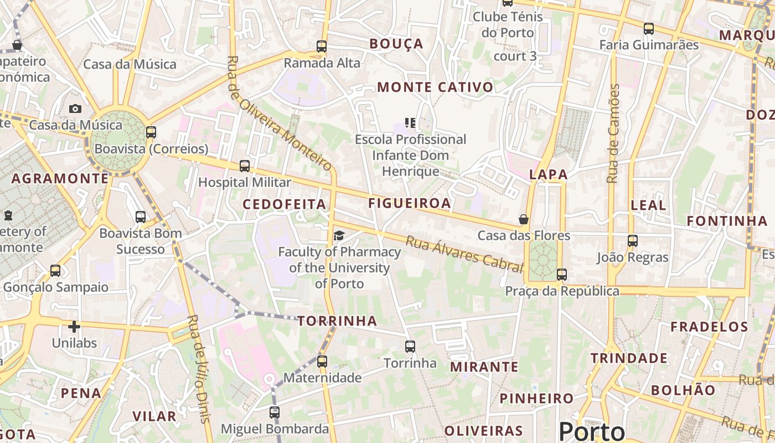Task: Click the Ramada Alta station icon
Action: [322, 47]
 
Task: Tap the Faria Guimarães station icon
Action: [649, 28]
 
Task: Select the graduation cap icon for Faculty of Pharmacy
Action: [338, 236]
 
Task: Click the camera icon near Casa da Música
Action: [75, 109]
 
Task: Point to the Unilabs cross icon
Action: [74, 327]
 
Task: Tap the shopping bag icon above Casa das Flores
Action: [523, 219]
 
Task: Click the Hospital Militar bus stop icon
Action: [244, 166]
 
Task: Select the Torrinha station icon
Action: [410, 347]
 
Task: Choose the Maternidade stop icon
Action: [322, 362]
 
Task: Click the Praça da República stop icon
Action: [562, 274]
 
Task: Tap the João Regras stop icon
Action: [633, 241]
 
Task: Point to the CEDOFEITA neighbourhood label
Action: [285, 204]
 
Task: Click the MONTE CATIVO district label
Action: [435, 87]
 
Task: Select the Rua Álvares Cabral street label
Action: [464, 254]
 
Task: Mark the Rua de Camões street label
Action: [613, 133]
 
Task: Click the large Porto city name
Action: [592, 431]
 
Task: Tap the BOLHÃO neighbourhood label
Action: [683, 390]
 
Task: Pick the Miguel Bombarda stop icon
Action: [275, 413]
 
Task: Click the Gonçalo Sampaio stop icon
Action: [55, 271]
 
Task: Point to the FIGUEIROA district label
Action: [410, 203]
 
